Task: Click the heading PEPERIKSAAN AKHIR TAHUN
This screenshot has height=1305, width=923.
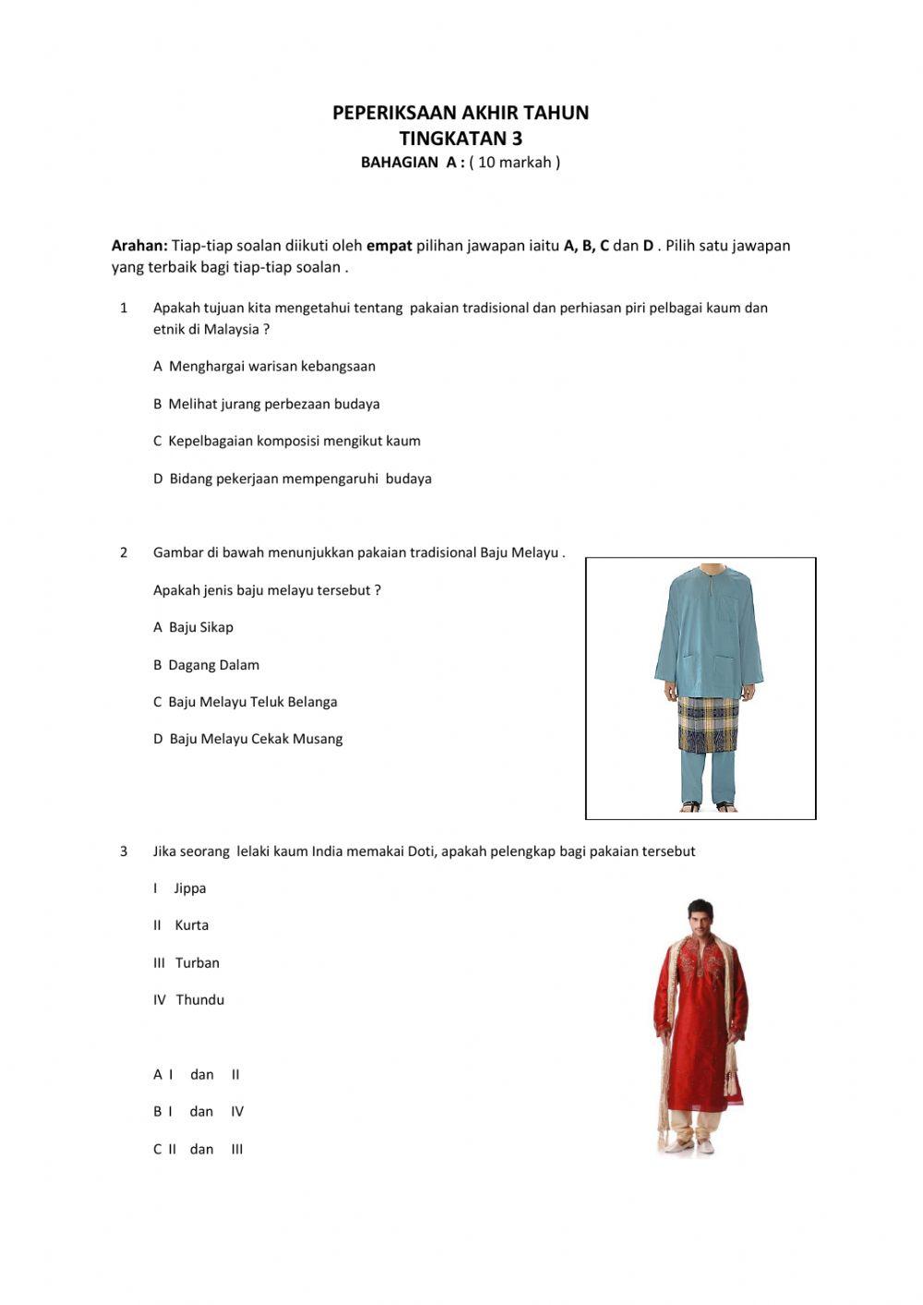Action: (x=460, y=113)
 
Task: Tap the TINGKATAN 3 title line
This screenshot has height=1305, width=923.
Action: (x=460, y=139)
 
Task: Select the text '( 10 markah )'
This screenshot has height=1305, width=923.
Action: (x=514, y=163)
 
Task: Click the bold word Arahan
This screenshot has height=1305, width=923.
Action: (x=139, y=246)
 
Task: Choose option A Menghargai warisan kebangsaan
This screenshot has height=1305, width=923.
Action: (x=264, y=367)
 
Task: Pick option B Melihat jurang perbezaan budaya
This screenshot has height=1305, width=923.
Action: (x=266, y=404)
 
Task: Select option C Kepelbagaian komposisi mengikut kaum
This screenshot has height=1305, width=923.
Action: (x=286, y=441)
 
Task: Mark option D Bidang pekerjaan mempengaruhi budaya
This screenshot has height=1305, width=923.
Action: (x=292, y=478)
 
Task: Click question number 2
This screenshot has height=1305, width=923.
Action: (x=124, y=553)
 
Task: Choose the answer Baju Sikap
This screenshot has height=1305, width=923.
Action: (x=193, y=627)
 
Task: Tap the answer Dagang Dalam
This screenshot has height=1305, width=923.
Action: (x=206, y=665)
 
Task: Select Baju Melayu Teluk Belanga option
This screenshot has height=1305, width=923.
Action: (x=245, y=702)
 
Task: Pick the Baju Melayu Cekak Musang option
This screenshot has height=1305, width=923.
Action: (x=247, y=739)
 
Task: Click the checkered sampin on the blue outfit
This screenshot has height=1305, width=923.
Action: (x=709, y=723)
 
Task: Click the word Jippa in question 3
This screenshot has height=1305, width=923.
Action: (x=189, y=888)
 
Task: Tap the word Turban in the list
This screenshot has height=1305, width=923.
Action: (x=197, y=963)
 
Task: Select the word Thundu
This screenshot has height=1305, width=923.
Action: (x=199, y=1000)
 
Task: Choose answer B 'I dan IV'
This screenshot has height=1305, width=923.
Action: (x=198, y=1112)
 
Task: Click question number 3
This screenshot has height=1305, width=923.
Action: (x=124, y=852)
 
